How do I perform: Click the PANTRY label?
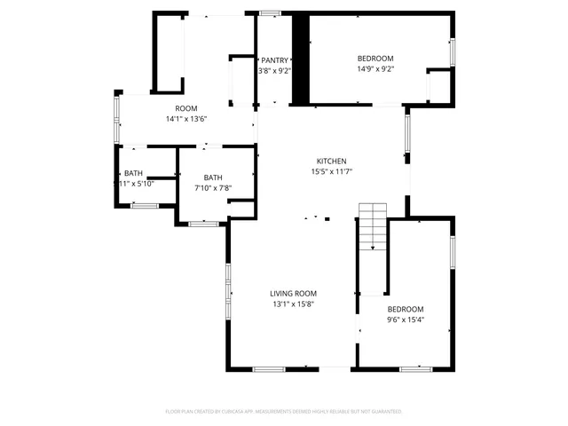[274, 60]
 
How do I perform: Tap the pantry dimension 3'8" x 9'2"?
[274, 70]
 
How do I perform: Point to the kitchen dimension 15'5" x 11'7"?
[332, 171]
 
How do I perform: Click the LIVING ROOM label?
[293, 294]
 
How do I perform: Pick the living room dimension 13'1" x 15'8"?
[293, 304]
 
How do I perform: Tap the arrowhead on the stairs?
[373, 248]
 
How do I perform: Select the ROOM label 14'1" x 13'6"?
[185, 108]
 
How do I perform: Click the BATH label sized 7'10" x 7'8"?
[213, 177]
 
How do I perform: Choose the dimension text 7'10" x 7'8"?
[213, 187]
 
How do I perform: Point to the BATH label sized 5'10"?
[133, 173]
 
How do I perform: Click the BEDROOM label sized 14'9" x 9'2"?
[375, 59]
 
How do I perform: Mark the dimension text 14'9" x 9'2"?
[375, 68]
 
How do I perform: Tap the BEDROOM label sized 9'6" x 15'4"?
[406, 309]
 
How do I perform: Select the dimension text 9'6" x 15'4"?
[406, 319]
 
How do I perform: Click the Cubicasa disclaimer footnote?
[284, 412]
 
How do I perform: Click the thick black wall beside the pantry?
[301, 60]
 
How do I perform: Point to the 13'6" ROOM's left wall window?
[116, 120]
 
